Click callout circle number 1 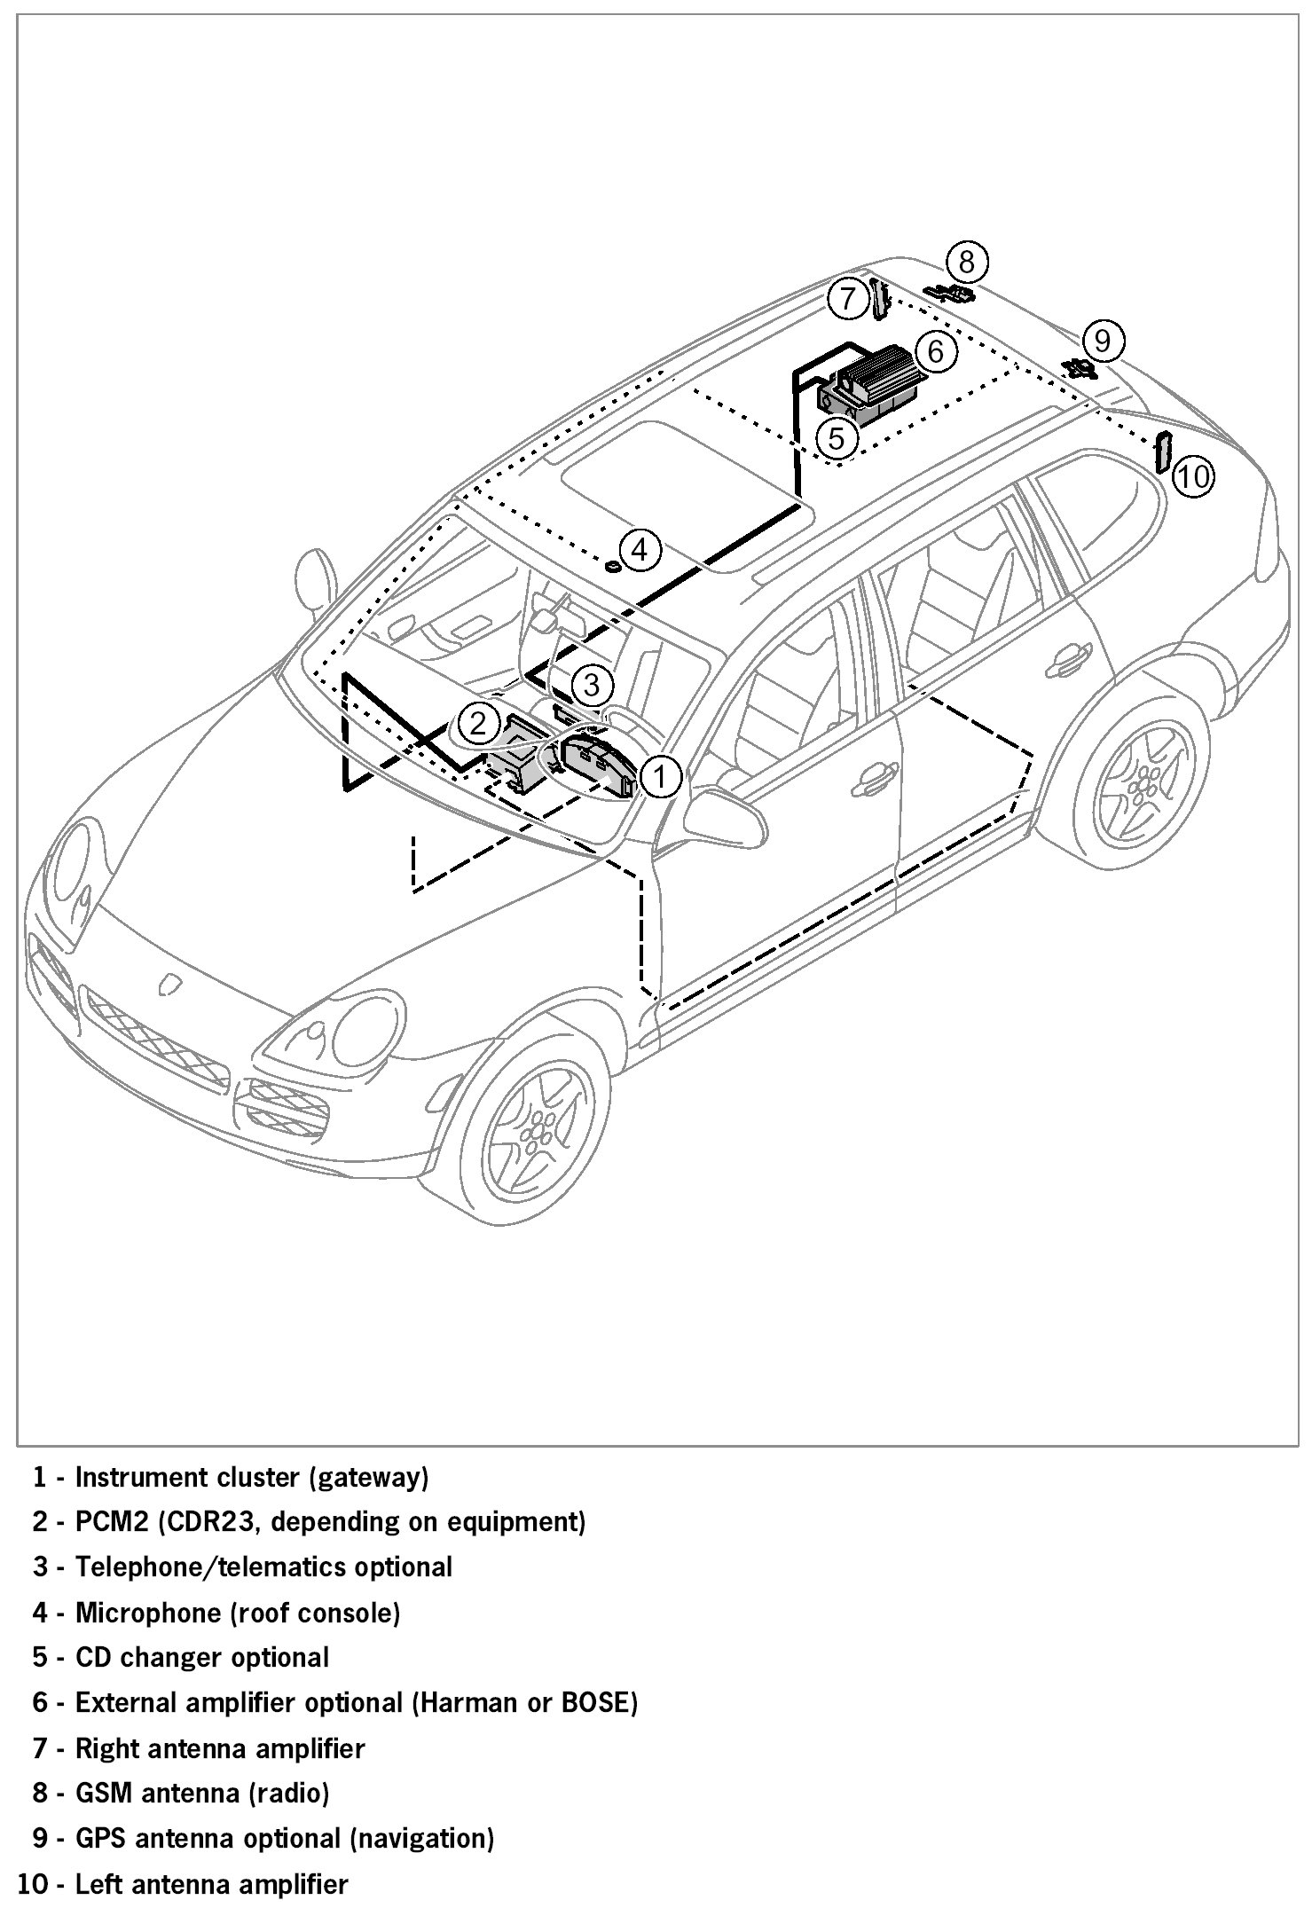[659, 776]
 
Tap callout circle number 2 [479, 724]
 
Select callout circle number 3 [592, 684]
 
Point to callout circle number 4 [640, 550]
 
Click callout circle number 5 [837, 436]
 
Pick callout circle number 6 [937, 351]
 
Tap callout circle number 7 [848, 298]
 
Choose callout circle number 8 [967, 262]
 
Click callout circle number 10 [1193, 476]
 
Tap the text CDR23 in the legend [211, 1521]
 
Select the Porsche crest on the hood [169, 985]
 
